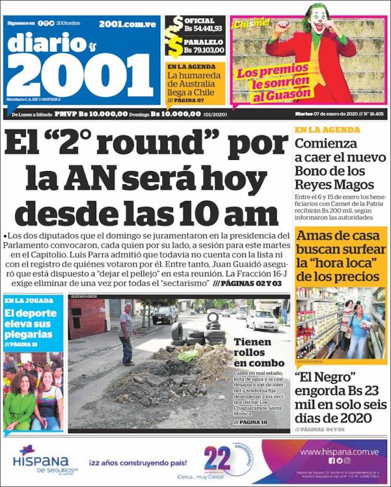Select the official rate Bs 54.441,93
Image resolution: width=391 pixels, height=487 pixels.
[x=203, y=28]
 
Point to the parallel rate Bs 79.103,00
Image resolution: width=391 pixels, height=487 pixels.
[x=204, y=49]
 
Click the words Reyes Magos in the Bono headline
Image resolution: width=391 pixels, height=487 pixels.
[x=334, y=184]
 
